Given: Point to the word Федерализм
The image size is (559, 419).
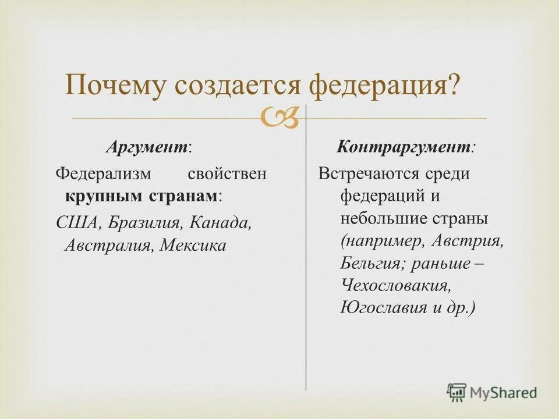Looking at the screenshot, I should (x=104, y=174).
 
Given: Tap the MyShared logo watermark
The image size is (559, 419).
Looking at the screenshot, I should (x=492, y=392).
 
